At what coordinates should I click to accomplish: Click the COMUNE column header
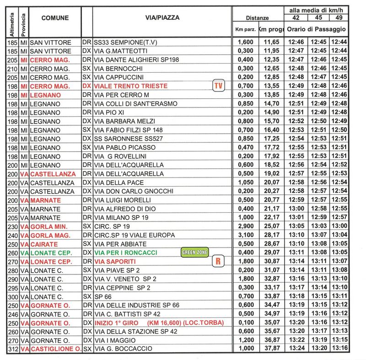click(x=55, y=18)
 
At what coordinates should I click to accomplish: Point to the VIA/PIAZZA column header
click(x=161, y=18)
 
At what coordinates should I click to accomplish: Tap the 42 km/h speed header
click(x=295, y=18)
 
